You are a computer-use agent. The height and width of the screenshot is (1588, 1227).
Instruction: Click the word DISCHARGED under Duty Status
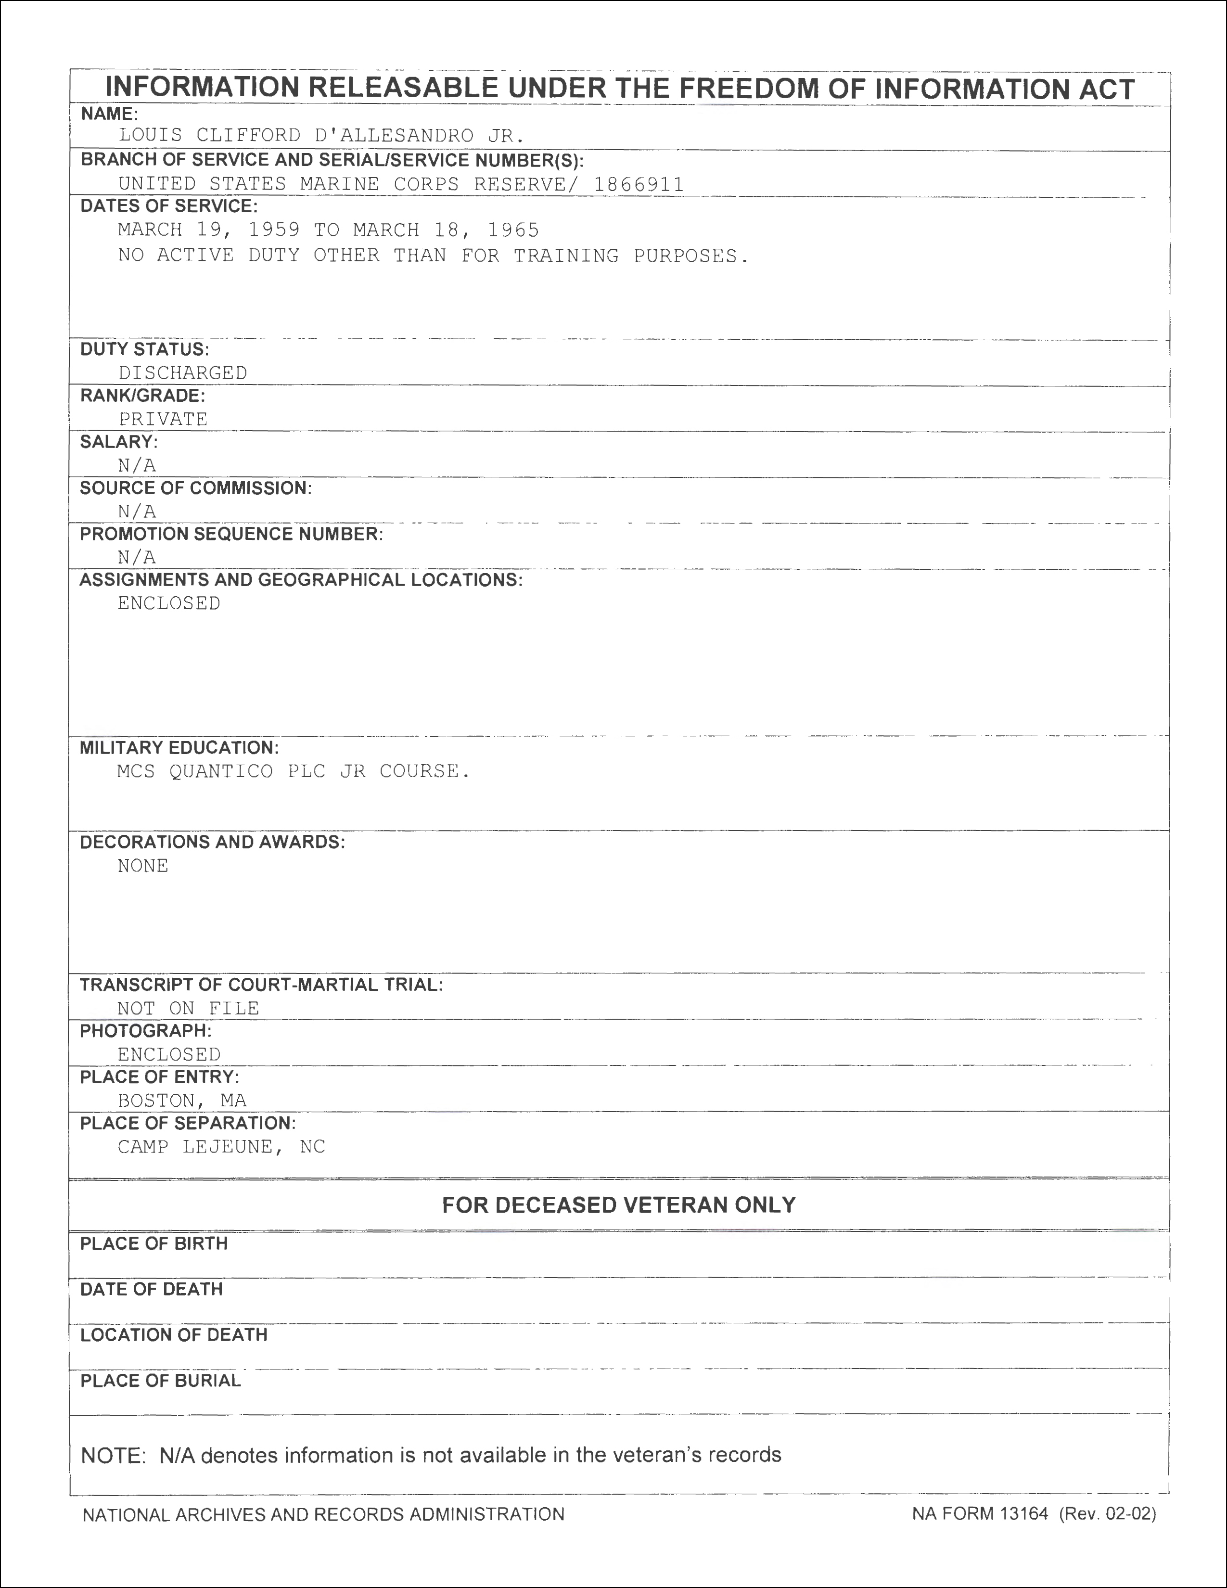click(x=182, y=373)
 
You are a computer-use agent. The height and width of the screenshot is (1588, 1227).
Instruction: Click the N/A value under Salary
click(x=137, y=465)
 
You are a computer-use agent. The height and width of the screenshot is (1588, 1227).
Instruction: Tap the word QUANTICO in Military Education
click(x=221, y=771)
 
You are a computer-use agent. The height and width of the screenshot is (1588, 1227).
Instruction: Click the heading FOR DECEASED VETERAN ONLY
click(x=619, y=1205)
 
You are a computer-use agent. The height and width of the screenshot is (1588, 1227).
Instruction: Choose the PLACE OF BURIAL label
click(x=160, y=1381)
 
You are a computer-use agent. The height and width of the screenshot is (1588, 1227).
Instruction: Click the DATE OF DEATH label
click(x=151, y=1289)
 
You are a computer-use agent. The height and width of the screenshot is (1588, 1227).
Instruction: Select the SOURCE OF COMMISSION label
click(x=195, y=488)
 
